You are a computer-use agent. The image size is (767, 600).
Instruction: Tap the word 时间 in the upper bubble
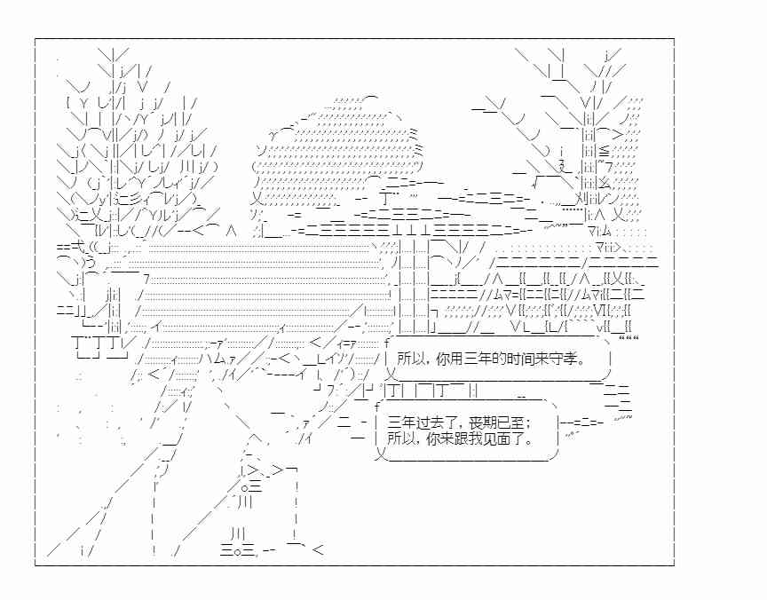click(x=511, y=359)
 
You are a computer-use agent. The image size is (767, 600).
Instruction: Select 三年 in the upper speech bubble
click(x=472, y=359)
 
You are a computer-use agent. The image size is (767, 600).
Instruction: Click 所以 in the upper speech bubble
click(x=410, y=359)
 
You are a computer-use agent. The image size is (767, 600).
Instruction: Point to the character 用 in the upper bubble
click(x=454, y=359)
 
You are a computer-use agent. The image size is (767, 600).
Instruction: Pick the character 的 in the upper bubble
click(x=492, y=359)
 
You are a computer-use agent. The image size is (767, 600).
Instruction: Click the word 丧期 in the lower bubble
click(x=478, y=422)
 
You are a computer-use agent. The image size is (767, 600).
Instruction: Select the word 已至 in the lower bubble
click(x=504, y=422)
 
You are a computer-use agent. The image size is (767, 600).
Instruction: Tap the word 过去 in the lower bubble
click(x=426, y=422)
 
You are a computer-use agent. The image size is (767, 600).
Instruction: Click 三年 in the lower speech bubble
click(x=400, y=422)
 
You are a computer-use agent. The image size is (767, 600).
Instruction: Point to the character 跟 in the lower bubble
click(x=459, y=438)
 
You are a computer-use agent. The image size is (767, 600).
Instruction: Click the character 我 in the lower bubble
click(x=472, y=438)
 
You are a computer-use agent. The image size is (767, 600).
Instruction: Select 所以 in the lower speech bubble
click(x=400, y=438)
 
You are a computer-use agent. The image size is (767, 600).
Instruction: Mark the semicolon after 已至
click(x=520, y=423)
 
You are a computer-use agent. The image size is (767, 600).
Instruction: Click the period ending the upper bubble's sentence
click(x=581, y=363)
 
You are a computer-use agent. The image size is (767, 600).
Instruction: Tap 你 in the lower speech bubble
click(x=433, y=438)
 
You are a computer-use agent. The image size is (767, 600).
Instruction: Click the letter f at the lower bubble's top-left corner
click(x=377, y=407)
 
